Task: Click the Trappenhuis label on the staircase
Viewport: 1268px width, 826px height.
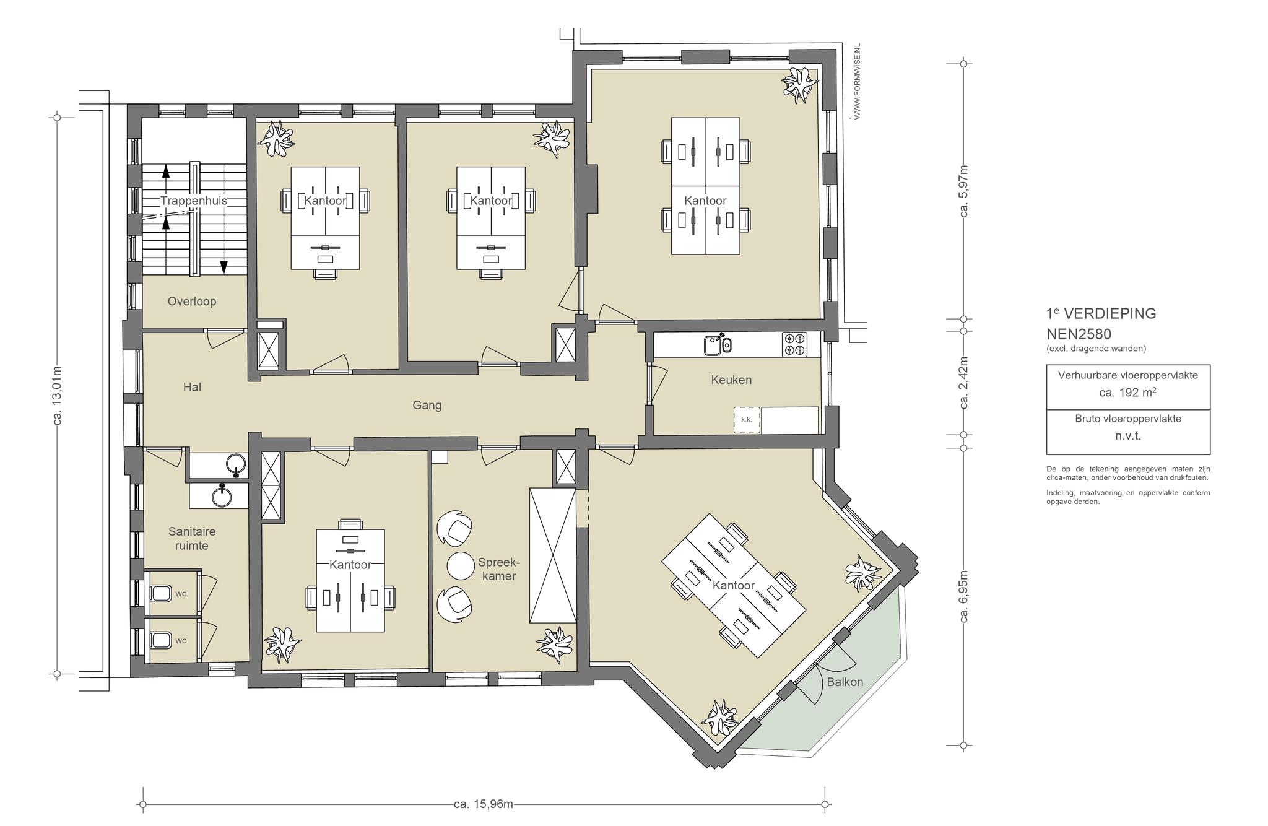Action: [194, 201]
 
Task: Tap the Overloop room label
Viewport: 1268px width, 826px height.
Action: [192, 302]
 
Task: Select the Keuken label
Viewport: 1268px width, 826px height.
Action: [731, 380]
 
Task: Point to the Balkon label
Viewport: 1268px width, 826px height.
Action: [845, 682]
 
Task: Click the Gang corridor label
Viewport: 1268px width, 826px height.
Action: [427, 406]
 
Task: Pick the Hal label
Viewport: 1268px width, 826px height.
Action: [192, 387]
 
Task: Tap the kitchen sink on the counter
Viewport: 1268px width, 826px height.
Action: [718, 344]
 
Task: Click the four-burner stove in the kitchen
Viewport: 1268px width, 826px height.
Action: [794, 344]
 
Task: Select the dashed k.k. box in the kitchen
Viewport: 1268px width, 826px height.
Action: [747, 420]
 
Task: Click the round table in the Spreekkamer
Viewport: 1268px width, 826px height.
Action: [460, 565]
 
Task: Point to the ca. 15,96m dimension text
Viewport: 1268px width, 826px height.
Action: [484, 804]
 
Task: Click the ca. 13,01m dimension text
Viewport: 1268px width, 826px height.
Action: [57, 396]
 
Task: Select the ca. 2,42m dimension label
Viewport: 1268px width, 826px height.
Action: [963, 383]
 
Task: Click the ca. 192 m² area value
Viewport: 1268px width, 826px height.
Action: [1128, 392]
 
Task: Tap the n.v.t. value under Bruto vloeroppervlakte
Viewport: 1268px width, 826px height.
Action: [1128, 436]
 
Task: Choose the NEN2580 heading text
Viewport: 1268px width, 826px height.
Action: [1079, 334]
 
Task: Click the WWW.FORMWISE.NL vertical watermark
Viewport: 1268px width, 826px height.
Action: [858, 81]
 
